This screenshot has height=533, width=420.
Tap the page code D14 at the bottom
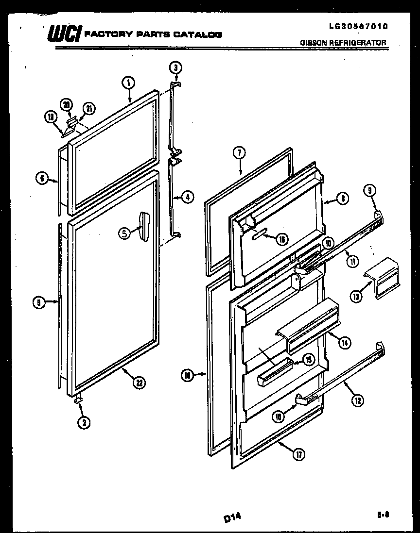tap(232, 519)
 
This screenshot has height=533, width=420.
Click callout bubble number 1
tap(128, 83)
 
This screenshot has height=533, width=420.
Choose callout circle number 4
tap(187, 197)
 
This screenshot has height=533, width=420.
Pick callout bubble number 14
tap(344, 343)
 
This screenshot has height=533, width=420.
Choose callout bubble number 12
tap(357, 400)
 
